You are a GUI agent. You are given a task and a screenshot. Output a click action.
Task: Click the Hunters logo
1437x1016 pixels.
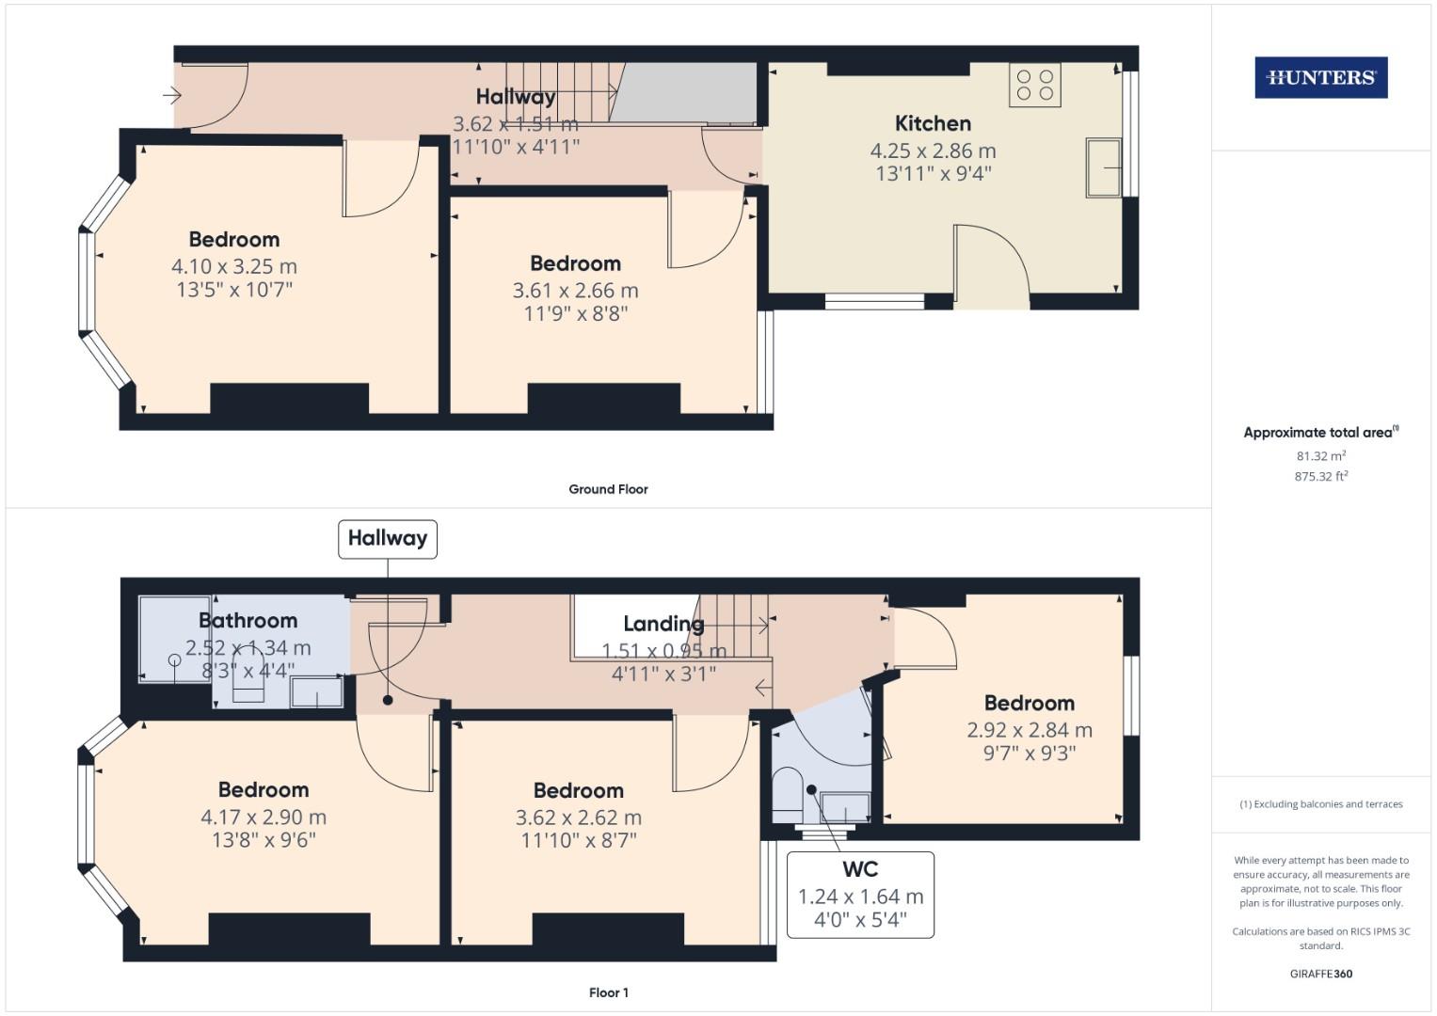[1320, 78]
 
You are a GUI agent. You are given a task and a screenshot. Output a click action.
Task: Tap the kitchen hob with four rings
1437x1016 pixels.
[1034, 84]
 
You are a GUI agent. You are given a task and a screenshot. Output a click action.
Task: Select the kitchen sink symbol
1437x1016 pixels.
[1104, 167]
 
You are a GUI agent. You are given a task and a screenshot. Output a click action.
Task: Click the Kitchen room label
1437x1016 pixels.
[933, 123]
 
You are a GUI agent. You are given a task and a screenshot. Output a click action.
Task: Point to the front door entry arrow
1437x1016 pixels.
[171, 94]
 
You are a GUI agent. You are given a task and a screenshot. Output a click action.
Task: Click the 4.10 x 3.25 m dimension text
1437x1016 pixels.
[234, 266]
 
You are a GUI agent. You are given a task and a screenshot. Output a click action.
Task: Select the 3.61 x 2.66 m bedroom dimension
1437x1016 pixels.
[575, 291]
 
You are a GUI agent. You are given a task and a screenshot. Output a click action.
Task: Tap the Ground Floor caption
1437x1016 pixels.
[608, 489]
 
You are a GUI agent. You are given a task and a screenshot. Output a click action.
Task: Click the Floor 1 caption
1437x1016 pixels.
[608, 992]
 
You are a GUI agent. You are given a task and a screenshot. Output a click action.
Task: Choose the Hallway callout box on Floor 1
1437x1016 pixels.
[388, 538]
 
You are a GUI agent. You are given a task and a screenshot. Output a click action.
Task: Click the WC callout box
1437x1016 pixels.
[860, 894]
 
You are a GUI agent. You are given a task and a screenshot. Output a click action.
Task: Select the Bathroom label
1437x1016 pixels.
[247, 621]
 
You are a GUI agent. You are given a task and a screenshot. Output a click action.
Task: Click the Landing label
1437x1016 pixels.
[663, 624]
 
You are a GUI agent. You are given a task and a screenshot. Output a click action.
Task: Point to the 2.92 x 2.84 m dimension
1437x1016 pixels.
[1030, 730]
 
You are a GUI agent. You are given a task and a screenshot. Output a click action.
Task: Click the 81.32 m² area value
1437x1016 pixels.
[1320, 456]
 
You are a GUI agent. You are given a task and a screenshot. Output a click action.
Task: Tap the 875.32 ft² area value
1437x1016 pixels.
[1320, 477]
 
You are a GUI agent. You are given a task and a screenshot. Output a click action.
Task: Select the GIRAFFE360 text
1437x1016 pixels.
[1320, 974]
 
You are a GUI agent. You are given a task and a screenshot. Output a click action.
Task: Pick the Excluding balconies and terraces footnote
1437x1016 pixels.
[1320, 804]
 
